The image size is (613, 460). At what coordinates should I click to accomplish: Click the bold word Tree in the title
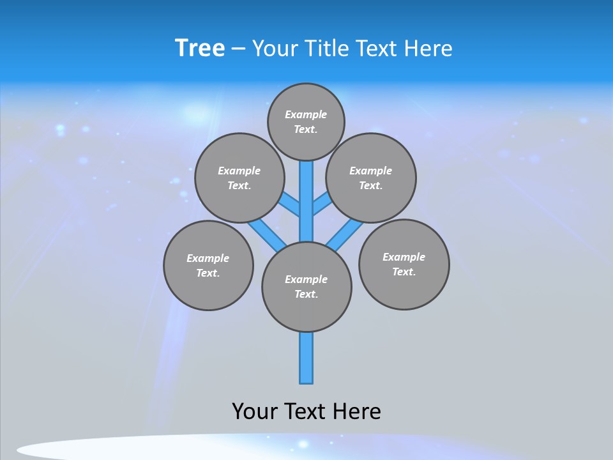pyautogui.click(x=200, y=48)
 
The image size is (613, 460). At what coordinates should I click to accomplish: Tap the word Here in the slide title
pyautogui.click(x=428, y=48)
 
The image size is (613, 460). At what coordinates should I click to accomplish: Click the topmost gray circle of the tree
pyautogui.click(x=306, y=121)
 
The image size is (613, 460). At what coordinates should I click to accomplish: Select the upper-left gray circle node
pyautogui.click(x=239, y=178)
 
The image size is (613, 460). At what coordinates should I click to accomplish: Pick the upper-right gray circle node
pyautogui.click(x=371, y=178)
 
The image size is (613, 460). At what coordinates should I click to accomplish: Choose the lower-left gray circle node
pyautogui.click(x=208, y=265)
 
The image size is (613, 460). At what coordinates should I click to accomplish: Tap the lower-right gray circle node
pyautogui.click(x=404, y=264)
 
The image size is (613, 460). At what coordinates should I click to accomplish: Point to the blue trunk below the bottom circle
pyautogui.click(x=306, y=358)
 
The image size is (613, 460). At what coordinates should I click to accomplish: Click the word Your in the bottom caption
pyautogui.click(x=255, y=411)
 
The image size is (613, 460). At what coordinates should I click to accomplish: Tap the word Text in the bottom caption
pyautogui.click(x=304, y=411)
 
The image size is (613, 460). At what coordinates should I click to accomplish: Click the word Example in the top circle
pyautogui.click(x=306, y=114)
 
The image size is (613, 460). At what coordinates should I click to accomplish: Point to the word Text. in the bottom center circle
pyautogui.click(x=306, y=294)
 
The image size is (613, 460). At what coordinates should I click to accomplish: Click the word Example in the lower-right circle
pyautogui.click(x=404, y=257)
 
